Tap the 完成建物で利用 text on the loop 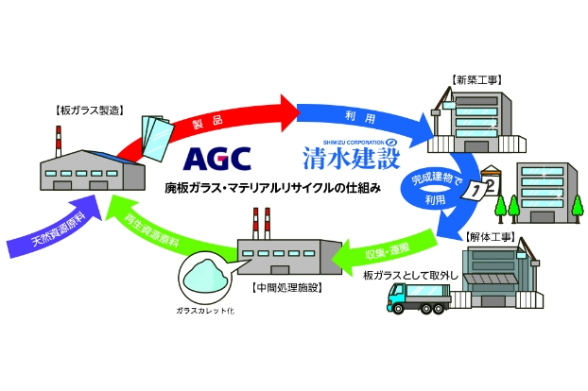click(x=428, y=188)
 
